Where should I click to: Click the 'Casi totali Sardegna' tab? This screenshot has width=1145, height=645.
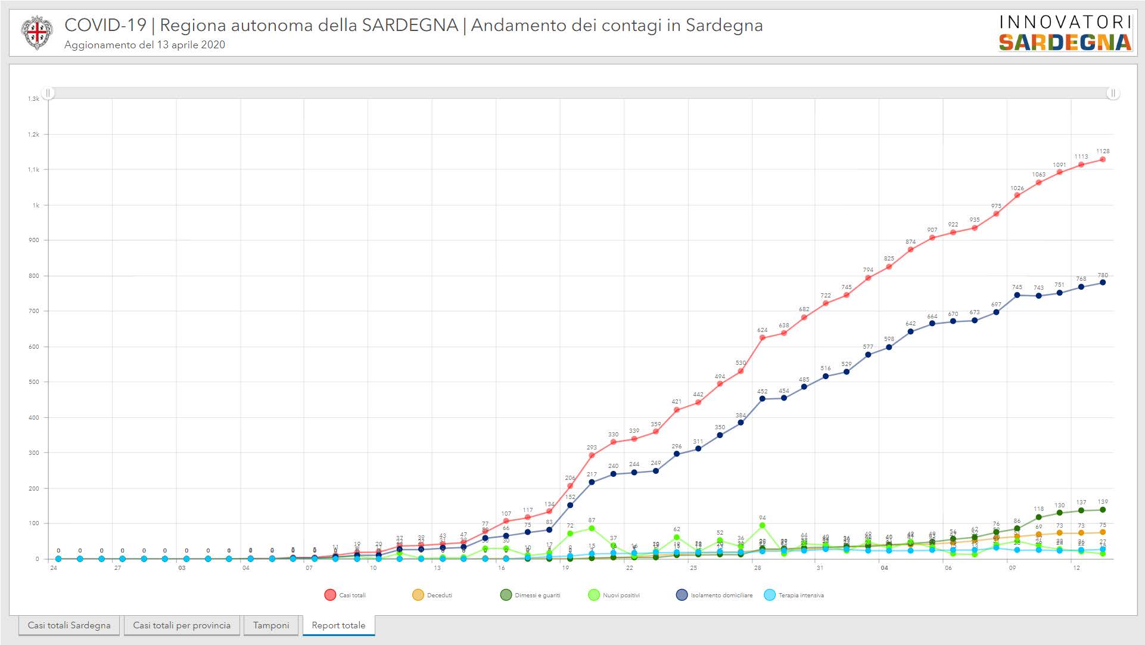tap(69, 625)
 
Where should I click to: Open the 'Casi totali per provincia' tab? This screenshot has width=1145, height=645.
tap(182, 625)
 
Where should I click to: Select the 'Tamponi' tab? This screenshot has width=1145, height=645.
tap(271, 625)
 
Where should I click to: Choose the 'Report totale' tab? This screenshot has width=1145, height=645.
tap(338, 625)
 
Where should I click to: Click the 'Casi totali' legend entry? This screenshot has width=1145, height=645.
tap(346, 595)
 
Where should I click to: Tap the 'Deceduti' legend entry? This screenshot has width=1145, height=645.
tap(433, 595)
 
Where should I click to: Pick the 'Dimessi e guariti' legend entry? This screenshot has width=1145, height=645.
tap(530, 595)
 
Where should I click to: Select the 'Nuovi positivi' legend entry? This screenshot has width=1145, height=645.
tap(614, 595)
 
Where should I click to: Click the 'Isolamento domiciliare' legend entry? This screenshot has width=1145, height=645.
tap(714, 595)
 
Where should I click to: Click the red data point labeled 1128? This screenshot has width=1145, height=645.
tap(1103, 160)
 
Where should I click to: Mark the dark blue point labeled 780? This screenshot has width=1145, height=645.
tap(1103, 283)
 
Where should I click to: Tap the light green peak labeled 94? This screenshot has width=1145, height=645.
tap(763, 526)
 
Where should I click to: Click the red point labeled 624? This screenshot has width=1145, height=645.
tap(763, 338)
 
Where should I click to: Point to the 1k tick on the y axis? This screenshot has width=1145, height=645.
tap(36, 205)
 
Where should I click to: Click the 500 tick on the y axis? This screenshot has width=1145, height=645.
tap(33, 382)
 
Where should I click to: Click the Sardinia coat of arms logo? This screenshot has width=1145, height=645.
tap(37, 33)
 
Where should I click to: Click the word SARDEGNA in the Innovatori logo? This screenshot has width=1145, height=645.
tap(1065, 42)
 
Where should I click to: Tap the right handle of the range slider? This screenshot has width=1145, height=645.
tap(1112, 93)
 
